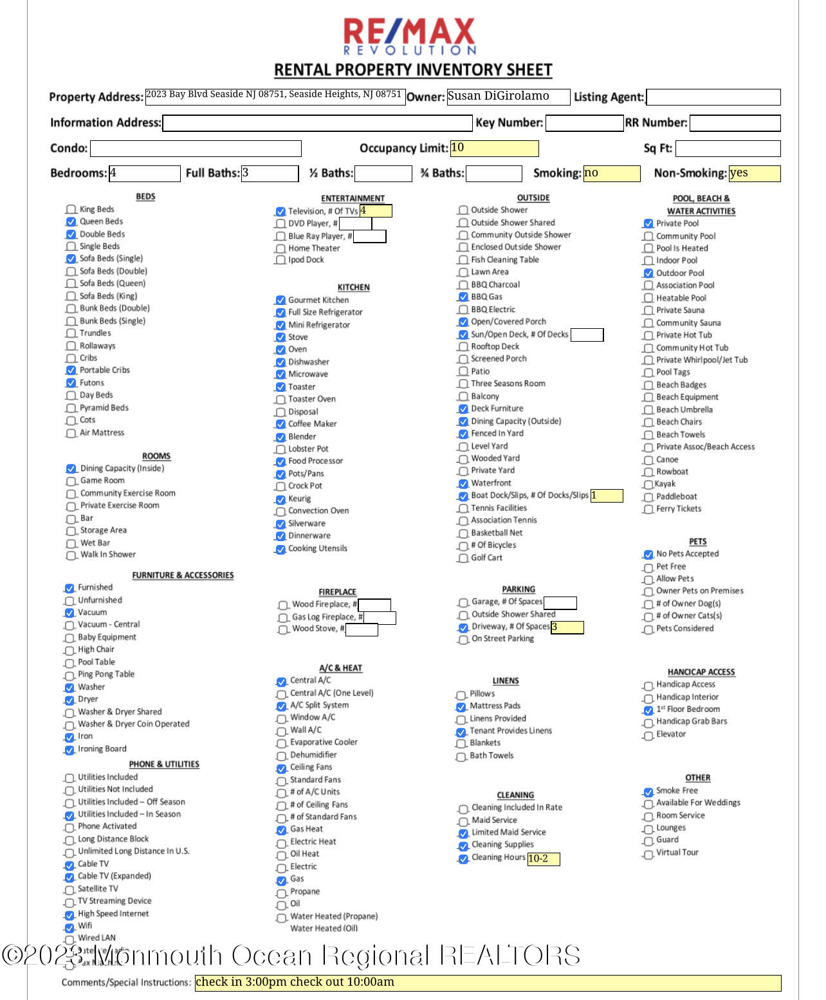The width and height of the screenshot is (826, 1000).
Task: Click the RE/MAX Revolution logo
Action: (410, 36)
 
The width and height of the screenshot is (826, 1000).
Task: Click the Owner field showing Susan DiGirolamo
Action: (508, 97)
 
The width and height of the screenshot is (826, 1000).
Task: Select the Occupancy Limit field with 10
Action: (494, 148)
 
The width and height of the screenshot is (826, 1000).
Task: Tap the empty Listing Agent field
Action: (713, 97)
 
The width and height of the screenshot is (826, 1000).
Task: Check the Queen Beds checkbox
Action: (71, 222)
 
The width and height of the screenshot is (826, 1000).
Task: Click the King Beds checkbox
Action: (71, 210)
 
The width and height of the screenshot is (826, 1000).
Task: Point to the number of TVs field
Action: (376, 211)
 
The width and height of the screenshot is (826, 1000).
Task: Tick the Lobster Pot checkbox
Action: (280, 449)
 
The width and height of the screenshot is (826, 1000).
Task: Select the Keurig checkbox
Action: (280, 499)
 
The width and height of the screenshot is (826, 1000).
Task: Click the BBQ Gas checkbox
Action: (463, 297)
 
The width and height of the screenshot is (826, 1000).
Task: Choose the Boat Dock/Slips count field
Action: (607, 495)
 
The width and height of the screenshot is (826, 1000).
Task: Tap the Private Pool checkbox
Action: (648, 224)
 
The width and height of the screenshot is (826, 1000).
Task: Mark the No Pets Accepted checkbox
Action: (648, 555)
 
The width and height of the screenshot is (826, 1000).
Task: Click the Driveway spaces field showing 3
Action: (567, 627)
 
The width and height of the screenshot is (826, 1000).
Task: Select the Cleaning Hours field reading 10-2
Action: (544, 858)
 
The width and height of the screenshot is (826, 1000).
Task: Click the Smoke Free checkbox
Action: (648, 792)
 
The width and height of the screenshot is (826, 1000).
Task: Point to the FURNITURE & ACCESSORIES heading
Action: (183, 575)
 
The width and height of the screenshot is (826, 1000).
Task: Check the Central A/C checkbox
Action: (281, 681)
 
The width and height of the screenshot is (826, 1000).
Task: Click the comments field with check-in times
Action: (488, 983)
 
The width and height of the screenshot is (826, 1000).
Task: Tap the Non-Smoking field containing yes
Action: (754, 173)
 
